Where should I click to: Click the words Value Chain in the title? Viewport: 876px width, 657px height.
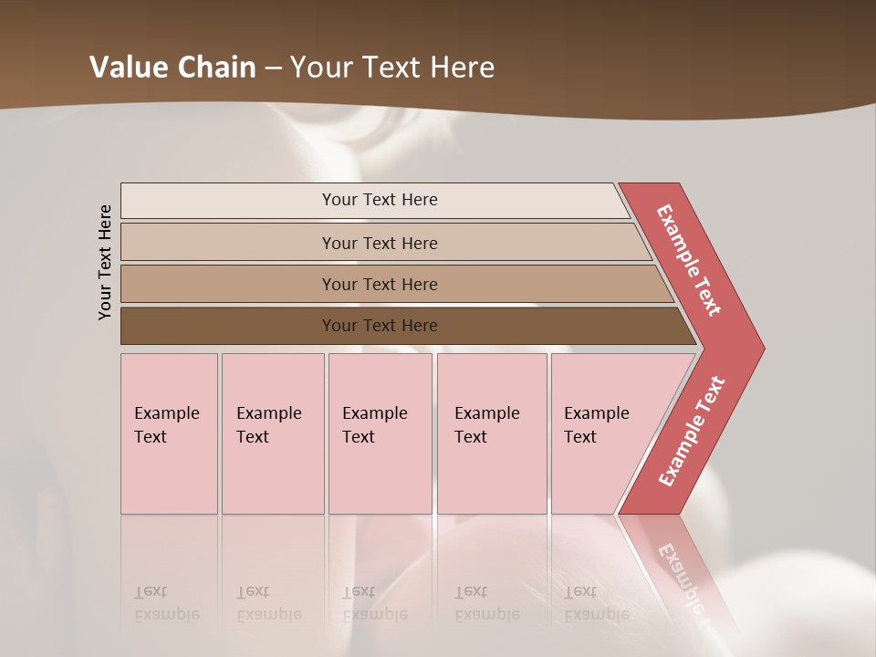[172, 68]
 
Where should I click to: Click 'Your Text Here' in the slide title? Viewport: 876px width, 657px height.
[392, 68]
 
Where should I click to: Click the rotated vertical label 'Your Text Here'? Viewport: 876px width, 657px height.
[105, 262]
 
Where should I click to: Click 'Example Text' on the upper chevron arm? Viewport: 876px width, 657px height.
[689, 260]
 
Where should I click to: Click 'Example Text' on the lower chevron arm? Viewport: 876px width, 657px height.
[692, 431]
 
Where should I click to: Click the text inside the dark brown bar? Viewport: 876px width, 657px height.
[380, 326]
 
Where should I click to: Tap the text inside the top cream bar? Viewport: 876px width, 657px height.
[380, 200]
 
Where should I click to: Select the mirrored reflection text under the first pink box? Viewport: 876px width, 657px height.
[166, 603]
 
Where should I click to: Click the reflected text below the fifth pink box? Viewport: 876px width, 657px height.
[596, 603]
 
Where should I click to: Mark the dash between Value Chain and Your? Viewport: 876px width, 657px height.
[273, 68]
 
